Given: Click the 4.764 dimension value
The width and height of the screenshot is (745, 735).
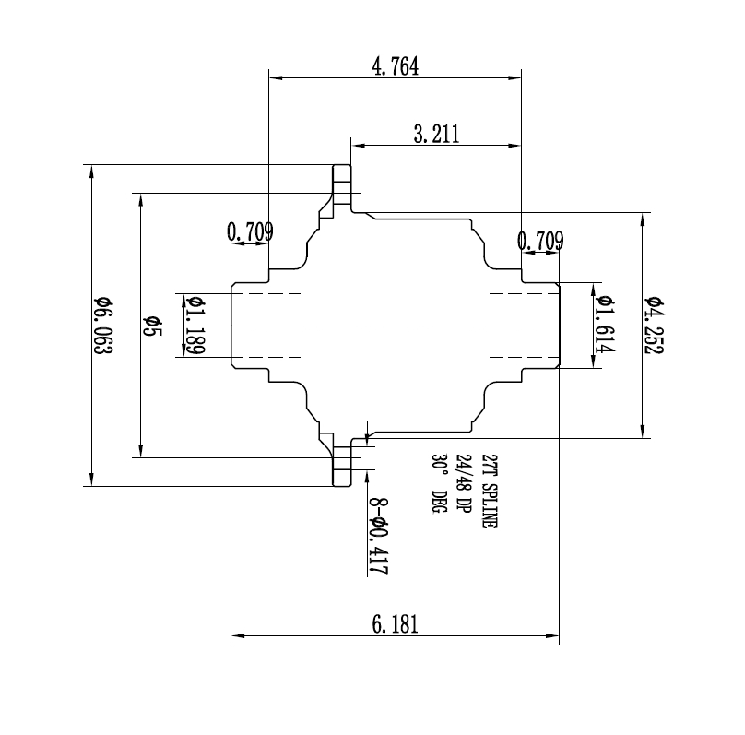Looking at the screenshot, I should (395, 68).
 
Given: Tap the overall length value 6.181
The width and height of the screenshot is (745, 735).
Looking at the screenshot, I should (396, 624).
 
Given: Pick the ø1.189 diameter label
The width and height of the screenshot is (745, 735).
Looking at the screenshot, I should (195, 326).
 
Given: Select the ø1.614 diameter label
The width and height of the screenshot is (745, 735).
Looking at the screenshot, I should (605, 326).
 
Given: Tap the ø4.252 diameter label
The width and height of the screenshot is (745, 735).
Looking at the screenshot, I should (655, 326).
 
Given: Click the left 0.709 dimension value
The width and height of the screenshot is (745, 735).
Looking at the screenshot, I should (250, 233).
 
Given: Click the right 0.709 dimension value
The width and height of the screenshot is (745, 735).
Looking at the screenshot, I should (540, 242).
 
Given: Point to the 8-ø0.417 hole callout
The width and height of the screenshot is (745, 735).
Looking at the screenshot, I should (377, 537).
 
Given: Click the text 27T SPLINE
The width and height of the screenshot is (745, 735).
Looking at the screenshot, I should (489, 491).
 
